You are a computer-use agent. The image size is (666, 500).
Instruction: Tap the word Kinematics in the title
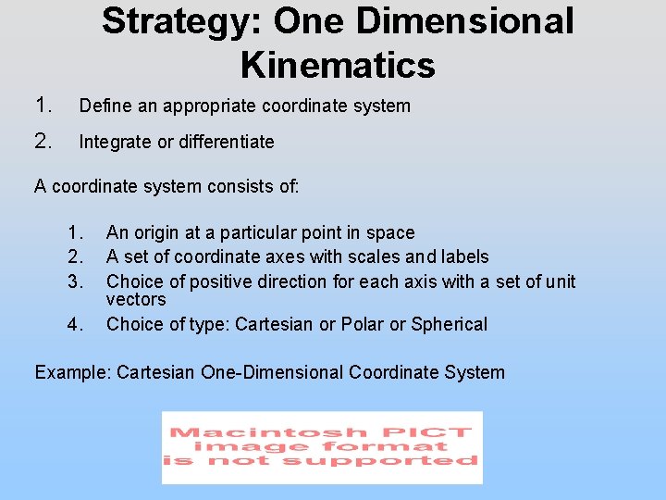pyautogui.click(x=337, y=66)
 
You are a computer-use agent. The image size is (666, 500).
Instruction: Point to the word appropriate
pyautogui.click(x=210, y=106)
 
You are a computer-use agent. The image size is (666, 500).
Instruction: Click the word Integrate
pyautogui.click(x=115, y=142)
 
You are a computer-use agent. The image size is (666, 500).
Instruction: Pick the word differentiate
pyautogui.click(x=223, y=142)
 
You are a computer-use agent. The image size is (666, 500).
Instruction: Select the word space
pyautogui.click(x=389, y=232)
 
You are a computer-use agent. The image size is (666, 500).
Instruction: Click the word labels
pyautogui.click(x=462, y=256)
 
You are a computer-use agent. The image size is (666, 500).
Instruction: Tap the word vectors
pyautogui.click(x=136, y=299)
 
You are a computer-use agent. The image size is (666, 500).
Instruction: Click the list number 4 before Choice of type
pyautogui.click(x=74, y=324)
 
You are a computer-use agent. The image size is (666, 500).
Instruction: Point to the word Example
pyautogui.click(x=70, y=372)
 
